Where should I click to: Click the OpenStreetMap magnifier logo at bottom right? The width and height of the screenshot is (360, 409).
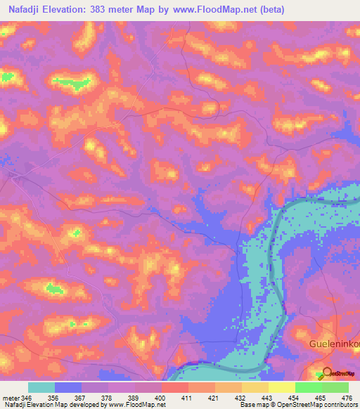point(324,373)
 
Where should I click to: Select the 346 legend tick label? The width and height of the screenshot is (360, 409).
point(27,397)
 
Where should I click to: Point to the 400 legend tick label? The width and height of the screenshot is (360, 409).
point(161,397)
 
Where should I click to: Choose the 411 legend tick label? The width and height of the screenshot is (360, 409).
point(188,397)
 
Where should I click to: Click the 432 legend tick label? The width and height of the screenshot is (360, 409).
point(241,397)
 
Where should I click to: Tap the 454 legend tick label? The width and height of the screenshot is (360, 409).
point(295,397)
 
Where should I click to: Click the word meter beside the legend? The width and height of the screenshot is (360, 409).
point(10,397)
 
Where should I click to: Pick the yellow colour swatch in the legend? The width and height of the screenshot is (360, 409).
point(281,387)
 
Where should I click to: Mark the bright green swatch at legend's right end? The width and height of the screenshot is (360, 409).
point(335,387)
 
